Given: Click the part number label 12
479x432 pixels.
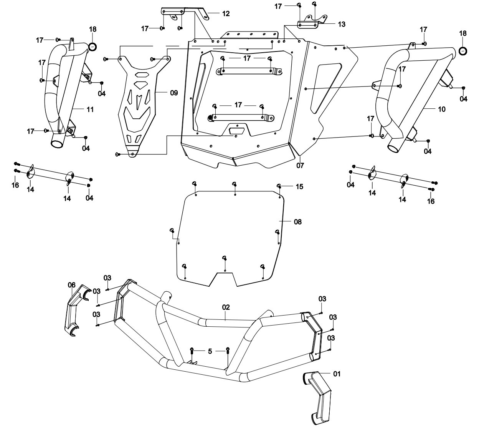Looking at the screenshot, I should pos(226,13).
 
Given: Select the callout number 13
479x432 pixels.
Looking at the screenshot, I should pos(342,24).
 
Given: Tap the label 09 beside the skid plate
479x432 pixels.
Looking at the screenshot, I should pos(173,93).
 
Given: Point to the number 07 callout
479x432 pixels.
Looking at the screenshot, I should pos(300,166).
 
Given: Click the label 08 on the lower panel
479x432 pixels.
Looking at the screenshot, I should pos(297,222).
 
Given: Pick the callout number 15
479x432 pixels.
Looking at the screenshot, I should pos(299,186).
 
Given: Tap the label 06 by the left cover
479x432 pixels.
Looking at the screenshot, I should pos(71,284).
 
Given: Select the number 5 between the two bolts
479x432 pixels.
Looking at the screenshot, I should pos(210,351).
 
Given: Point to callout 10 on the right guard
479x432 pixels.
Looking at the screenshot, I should pos(441,109).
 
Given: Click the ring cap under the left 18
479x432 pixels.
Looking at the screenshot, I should pos(92,47).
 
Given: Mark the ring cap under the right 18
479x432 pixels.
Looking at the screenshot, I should pos(462,51).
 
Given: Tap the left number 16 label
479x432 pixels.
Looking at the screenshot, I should pos(15,185).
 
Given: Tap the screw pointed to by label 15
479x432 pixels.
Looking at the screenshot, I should pos(280,186).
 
